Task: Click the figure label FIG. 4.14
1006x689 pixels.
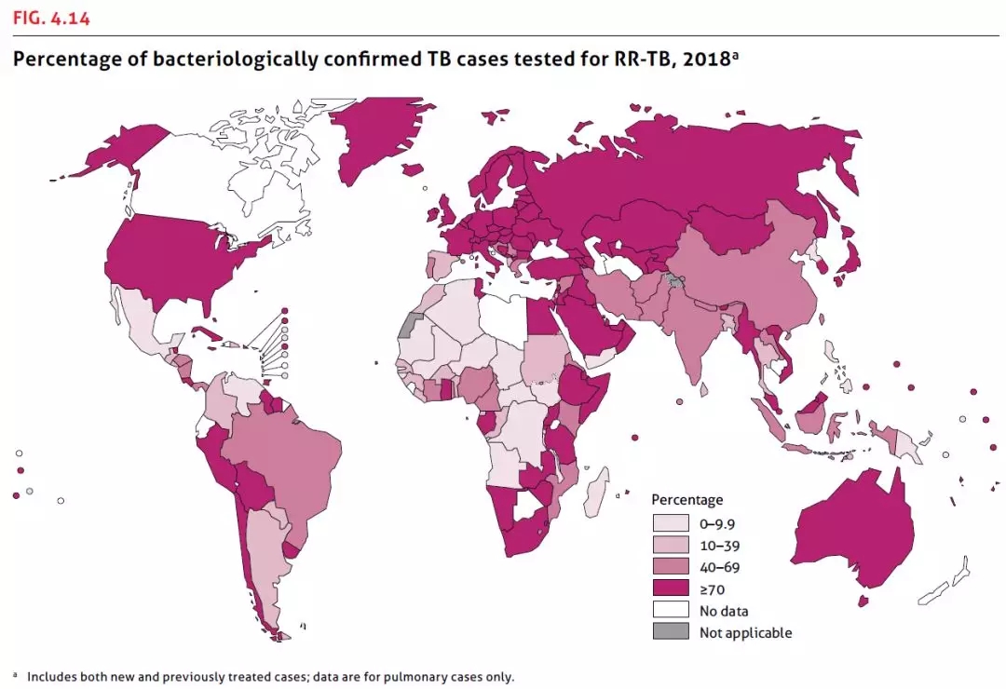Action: point(51,18)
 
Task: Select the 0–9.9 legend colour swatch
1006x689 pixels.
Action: point(670,523)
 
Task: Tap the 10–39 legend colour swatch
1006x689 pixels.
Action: point(670,545)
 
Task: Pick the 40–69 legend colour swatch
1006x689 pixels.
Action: point(670,567)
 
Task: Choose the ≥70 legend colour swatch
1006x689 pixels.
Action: point(670,588)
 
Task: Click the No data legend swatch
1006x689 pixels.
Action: point(670,611)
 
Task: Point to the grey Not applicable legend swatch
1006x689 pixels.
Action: point(670,632)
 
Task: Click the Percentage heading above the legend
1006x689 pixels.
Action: point(687,500)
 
